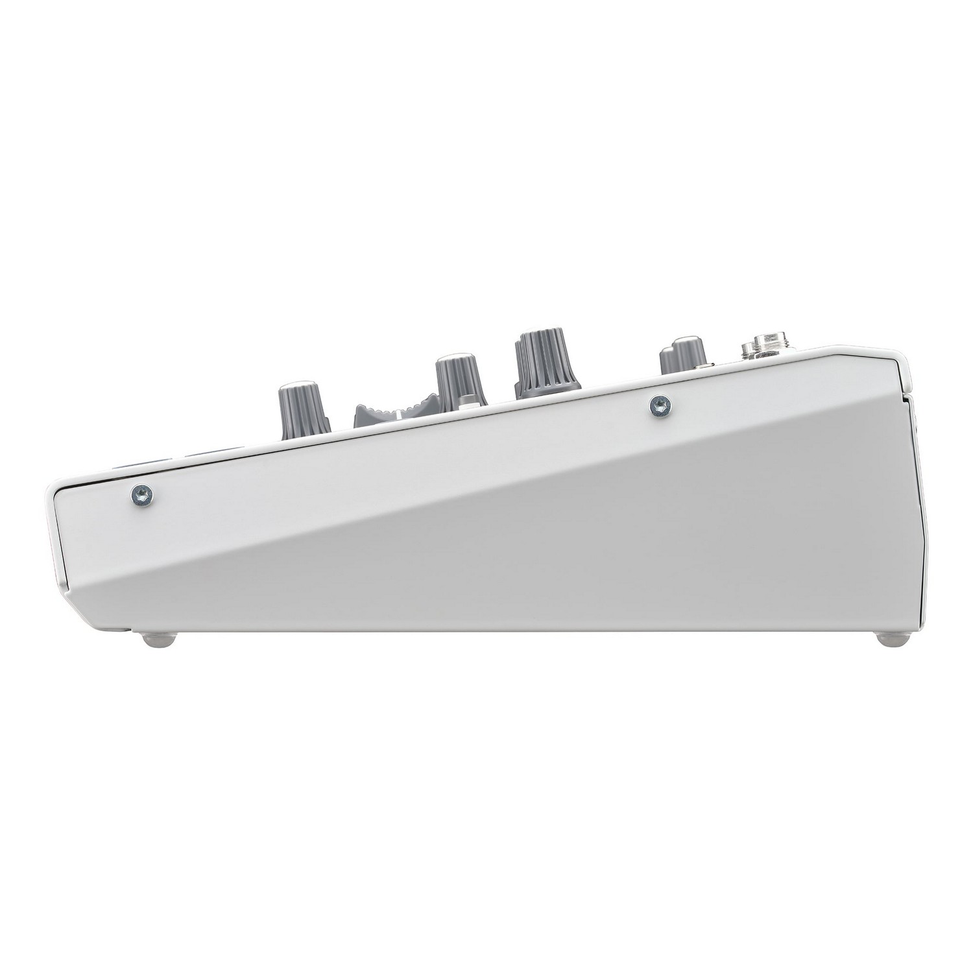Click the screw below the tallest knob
coord(660,407)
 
